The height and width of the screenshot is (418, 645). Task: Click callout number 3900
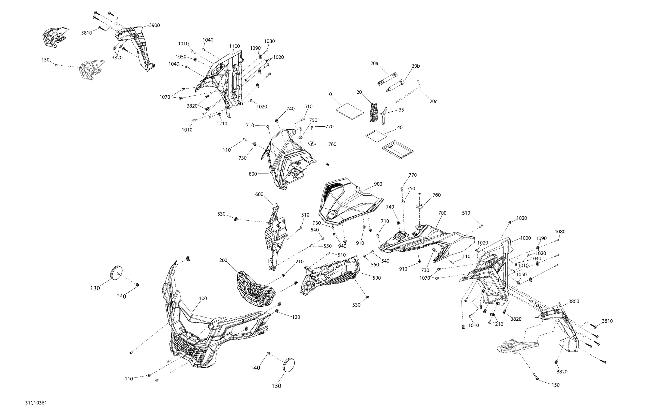click(x=154, y=25)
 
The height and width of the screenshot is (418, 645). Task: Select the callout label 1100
click(x=234, y=46)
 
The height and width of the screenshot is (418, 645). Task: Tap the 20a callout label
click(x=374, y=63)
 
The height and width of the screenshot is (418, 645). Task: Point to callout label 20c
click(x=433, y=101)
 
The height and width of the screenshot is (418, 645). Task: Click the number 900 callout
click(x=378, y=184)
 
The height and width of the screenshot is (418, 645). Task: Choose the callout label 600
click(x=259, y=194)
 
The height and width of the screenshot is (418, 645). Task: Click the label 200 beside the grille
click(x=223, y=260)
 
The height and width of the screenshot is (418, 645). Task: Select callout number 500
click(x=377, y=278)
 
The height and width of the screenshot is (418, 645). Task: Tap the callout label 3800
click(x=574, y=301)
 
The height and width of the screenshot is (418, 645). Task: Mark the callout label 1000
click(x=525, y=238)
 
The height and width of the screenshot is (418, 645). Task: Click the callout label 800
click(x=253, y=174)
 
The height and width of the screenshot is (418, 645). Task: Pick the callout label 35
click(x=401, y=110)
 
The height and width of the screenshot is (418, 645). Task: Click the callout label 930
click(x=317, y=223)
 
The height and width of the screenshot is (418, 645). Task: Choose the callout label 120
click(x=296, y=317)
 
